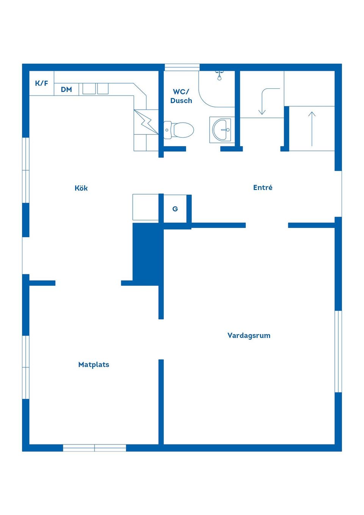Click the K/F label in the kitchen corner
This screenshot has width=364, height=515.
(41, 83)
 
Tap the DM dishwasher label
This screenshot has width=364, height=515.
(66, 89)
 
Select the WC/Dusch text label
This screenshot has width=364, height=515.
(181, 96)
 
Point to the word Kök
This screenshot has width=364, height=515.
(81, 188)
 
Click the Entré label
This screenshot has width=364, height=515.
(263, 187)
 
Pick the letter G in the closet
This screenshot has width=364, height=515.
(175, 209)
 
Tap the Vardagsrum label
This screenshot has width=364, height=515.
(249, 335)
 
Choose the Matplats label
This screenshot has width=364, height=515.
(94, 364)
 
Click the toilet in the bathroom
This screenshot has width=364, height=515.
(179, 130)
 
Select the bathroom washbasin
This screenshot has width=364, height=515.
(221, 130)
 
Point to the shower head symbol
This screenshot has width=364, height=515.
(219, 75)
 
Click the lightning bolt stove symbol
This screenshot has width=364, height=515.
(146, 122)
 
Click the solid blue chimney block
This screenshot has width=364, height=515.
(146, 252)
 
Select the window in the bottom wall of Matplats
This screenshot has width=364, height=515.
(94, 448)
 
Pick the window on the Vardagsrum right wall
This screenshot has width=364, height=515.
(338, 351)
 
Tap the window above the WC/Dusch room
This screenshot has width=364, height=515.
(182, 68)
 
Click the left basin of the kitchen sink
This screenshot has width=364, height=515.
(89, 89)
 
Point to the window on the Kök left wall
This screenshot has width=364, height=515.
(26, 170)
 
